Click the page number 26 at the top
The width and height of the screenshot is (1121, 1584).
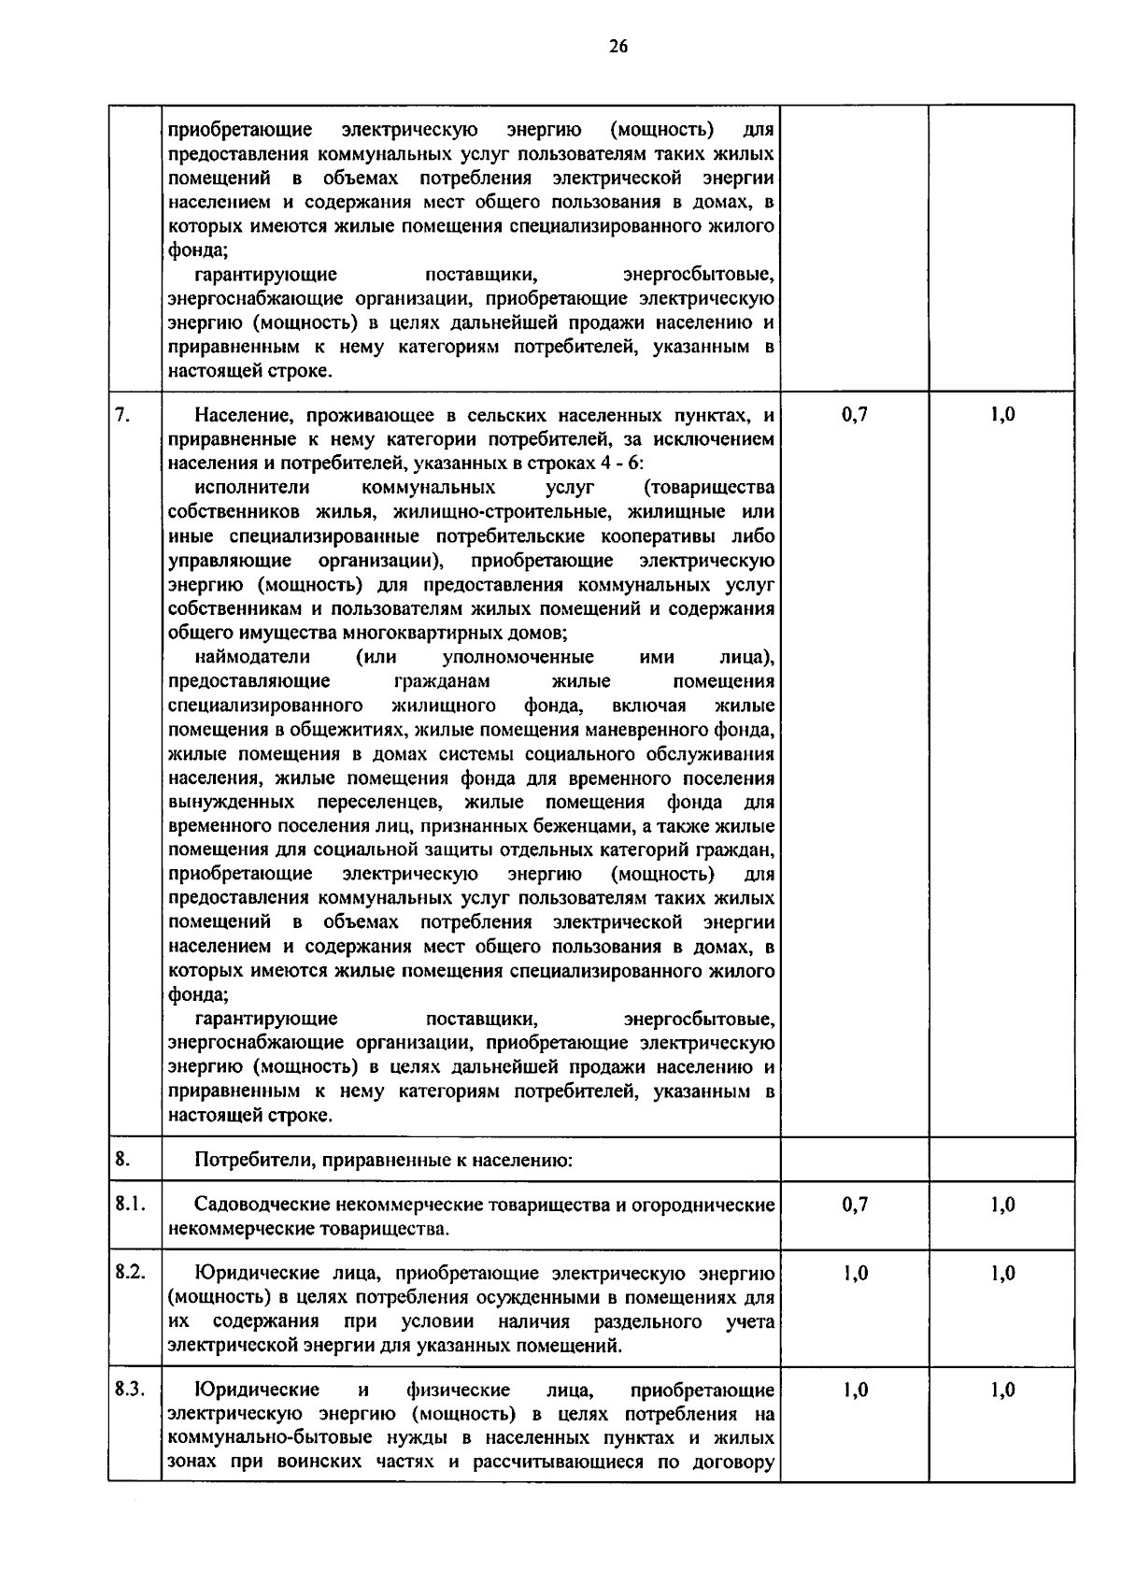(618, 46)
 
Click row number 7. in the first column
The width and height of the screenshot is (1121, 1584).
(121, 415)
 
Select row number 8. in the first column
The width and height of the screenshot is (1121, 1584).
(122, 1160)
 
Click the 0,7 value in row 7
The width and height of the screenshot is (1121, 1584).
(854, 415)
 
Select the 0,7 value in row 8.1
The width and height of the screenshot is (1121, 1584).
(854, 1205)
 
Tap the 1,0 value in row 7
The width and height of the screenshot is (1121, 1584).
(1002, 415)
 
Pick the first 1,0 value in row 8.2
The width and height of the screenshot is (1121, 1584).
(854, 1273)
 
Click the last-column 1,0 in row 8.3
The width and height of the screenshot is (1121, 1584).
(1002, 1390)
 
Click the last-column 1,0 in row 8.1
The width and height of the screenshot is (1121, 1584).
(1002, 1205)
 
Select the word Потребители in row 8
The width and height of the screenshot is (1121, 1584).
(244, 1161)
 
